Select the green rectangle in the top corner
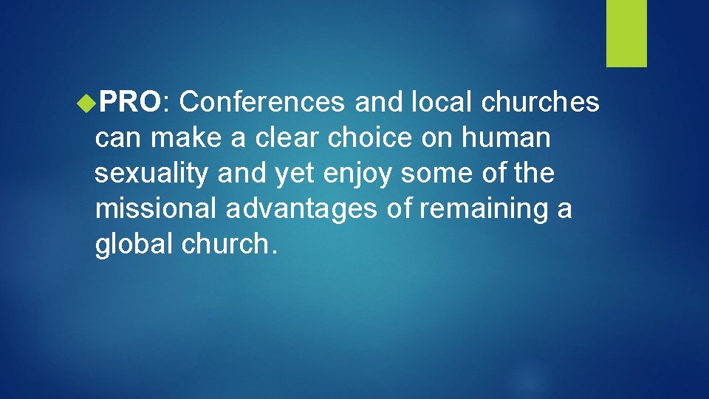(626, 33)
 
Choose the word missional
(156, 210)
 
